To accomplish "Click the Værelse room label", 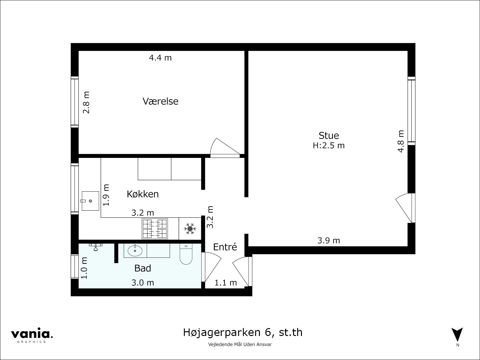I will point(160,101).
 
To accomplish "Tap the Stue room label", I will point(329,135).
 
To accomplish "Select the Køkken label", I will point(143,194).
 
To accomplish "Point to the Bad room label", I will point(142,268).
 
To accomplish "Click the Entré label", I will point(225,247).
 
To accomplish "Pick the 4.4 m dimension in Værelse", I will point(160,58).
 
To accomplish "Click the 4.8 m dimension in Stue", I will point(401,141).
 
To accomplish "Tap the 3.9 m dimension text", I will point(328,241).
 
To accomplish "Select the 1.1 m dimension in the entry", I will point(225,283).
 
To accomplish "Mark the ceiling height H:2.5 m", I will point(329,146).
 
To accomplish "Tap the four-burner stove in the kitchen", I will point(155,229).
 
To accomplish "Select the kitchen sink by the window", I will point(90,201).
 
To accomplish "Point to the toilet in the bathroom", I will point(186,254).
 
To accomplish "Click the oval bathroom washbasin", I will point(135,251).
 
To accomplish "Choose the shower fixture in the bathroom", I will point(96,247).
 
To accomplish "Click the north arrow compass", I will point(457,335).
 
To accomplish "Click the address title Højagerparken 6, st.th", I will point(243,333).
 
